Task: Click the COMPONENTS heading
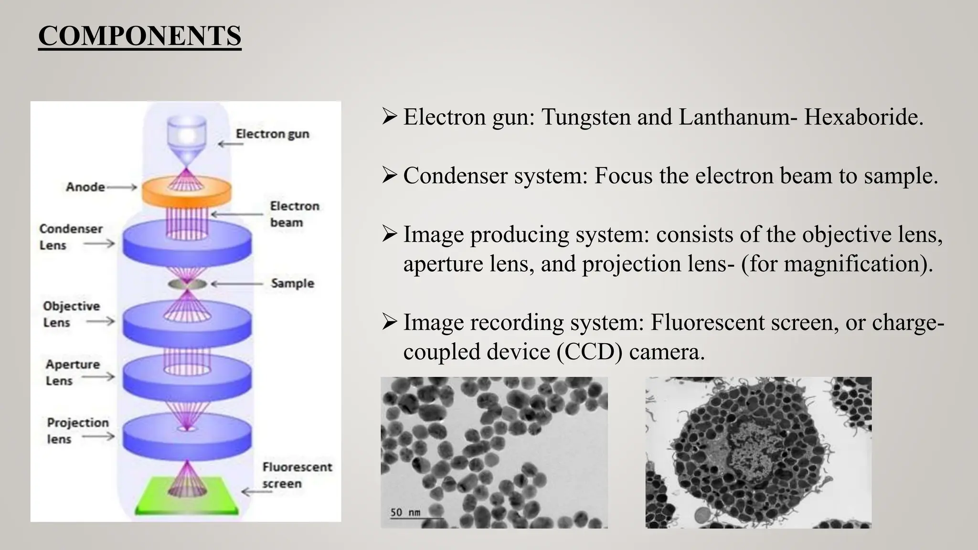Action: point(139,36)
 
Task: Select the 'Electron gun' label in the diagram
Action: point(272,134)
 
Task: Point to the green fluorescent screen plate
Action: point(187,497)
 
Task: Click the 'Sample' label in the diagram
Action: point(292,283)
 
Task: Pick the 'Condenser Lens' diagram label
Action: point(71,237)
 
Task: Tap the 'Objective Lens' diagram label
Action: point(71,314)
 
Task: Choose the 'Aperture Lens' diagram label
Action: point(73,372)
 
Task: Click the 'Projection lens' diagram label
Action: point(77,431)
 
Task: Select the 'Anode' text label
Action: point(85,187)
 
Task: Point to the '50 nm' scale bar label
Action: point(405,512)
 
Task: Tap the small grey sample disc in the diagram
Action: point(187,285)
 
